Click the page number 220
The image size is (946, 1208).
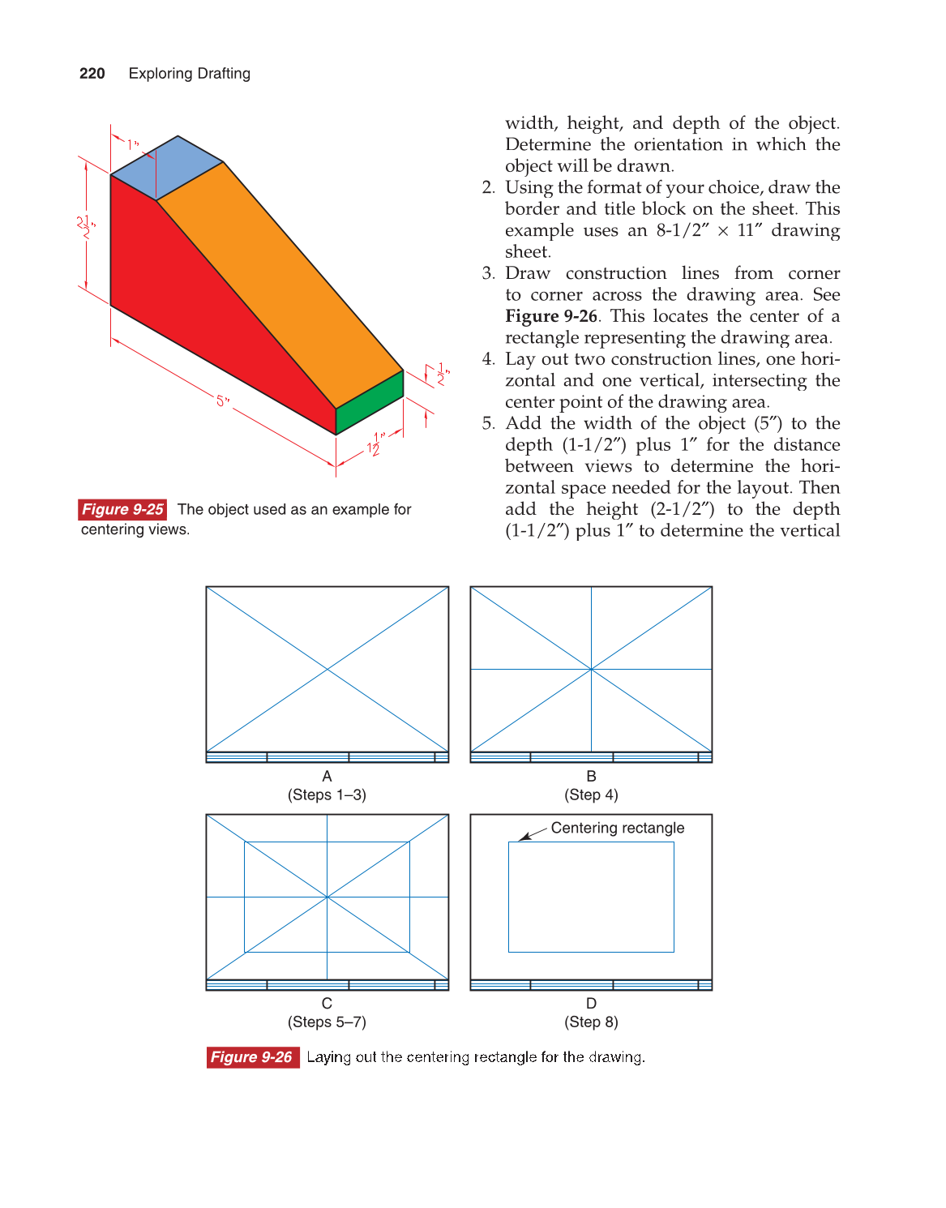[x=92, y=74]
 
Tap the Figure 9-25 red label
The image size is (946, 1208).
[x=122, y=509]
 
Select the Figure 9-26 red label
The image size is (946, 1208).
[x=252, y=1057]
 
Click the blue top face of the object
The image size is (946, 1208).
[x=166, y=167]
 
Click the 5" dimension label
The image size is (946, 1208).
[x=222, y=401]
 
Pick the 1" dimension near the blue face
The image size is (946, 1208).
[x=133, y=145]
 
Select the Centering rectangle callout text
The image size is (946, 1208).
[x=617, y=828]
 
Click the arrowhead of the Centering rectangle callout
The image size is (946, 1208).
[x=523, y=838]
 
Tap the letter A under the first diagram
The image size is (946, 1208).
[x=327, y=776]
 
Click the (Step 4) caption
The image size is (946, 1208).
[x=591, y=795]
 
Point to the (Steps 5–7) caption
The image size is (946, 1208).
[x=327, y=1022]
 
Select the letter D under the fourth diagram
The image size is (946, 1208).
[x=591, y=1003]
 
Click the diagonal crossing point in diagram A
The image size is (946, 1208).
[x=327, y=669]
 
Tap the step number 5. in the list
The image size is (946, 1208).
[x=488, y=423]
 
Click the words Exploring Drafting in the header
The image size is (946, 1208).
[x=189, y=74]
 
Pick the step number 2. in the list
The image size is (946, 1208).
[x=488, y=187]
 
